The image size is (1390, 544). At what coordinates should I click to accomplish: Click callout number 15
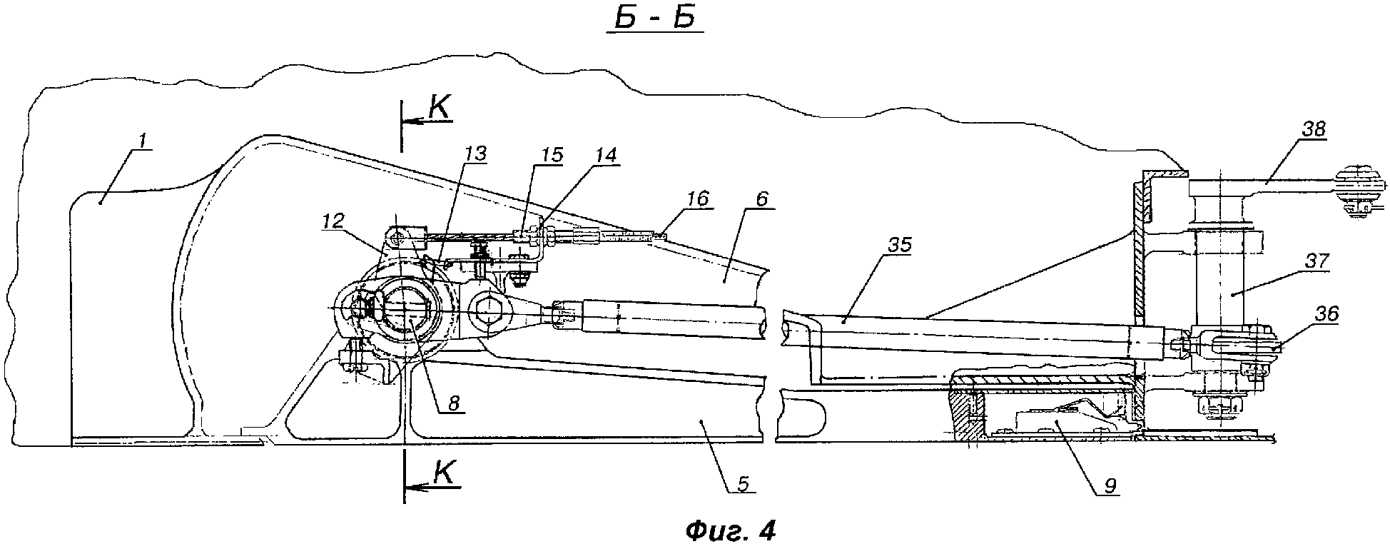coord(552,155)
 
